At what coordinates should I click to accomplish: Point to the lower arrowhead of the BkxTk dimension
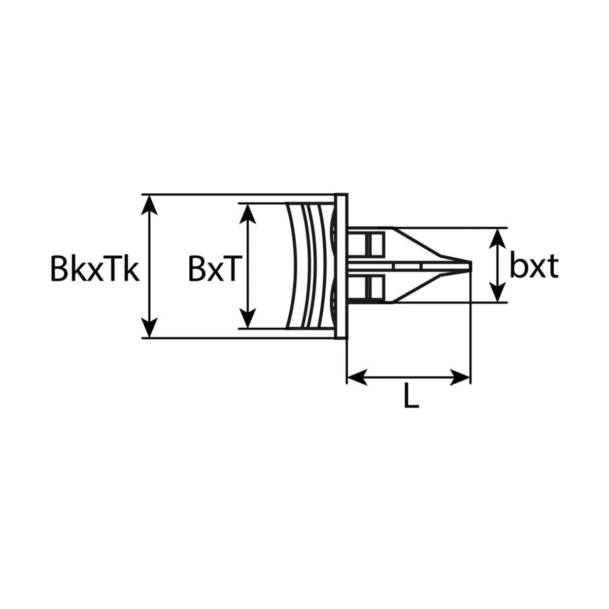click(149, 328)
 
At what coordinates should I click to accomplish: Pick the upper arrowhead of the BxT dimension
click(248, 214)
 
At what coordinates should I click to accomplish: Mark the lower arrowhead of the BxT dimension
click(248, 318)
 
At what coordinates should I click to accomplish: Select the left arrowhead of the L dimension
click(357, 377)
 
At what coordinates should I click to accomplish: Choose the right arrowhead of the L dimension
click(460, 377)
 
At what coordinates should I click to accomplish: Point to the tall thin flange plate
click(341, 266)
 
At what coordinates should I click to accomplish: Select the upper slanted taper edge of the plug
click(418, 242)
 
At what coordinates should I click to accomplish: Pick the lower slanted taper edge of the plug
click(418, 288)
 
